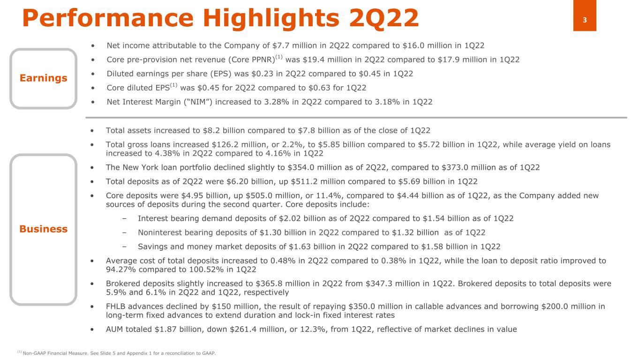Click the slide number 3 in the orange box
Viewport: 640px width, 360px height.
pos(585,20)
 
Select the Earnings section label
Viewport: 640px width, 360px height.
pos(43,78)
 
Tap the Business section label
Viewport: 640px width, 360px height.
pos(43,229)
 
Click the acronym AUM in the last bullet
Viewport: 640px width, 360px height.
pos(116,329)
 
